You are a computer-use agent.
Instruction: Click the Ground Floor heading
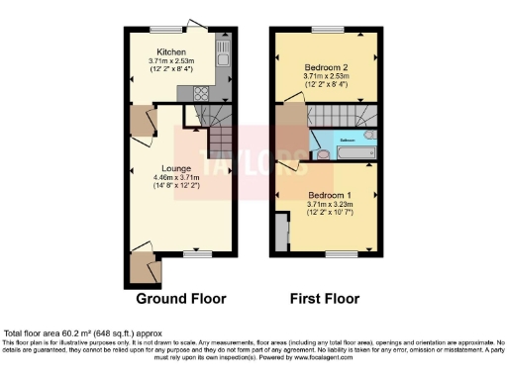(x=181, y=298)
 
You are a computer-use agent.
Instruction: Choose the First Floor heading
(x=325, y=298)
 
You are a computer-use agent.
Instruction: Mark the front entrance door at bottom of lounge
(x=147, y=264)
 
